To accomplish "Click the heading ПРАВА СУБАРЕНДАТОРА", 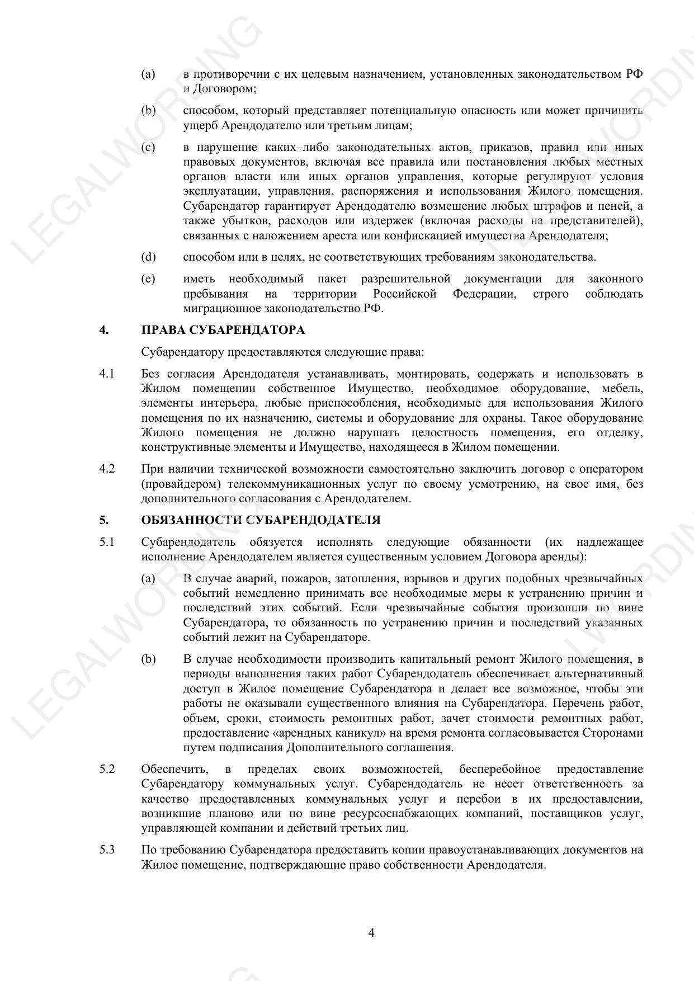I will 223,330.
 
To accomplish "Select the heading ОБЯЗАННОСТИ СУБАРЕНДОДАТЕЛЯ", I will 261,520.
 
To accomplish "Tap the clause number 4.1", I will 107,374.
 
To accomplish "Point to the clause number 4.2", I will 107,469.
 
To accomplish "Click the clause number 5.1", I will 107,542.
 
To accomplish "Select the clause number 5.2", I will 107,769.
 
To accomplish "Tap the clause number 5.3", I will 107,850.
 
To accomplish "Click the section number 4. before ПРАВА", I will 103,330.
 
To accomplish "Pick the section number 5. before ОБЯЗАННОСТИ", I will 103,520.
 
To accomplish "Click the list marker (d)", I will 148,257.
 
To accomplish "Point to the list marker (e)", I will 148,279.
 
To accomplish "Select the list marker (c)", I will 148,147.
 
